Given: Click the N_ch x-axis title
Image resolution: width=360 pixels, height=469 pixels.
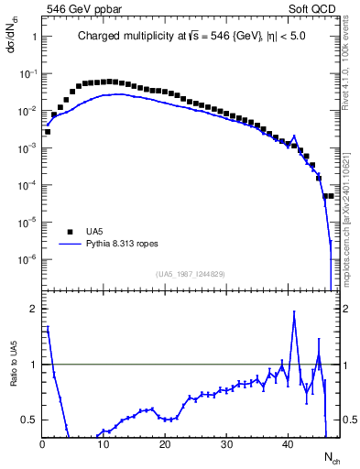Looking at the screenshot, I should (x=331, y=455).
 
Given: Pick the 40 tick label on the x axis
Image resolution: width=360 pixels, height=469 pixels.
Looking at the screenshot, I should (x=288, y=445).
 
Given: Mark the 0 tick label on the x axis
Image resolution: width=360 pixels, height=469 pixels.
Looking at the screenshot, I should (x=42, y=445).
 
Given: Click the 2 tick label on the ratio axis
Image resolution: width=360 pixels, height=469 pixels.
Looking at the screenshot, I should (x=32, y=309).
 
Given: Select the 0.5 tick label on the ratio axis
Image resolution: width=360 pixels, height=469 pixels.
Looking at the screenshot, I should (x=27, y=420).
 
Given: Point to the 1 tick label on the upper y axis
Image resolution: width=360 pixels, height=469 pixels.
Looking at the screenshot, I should (x=32, y=37).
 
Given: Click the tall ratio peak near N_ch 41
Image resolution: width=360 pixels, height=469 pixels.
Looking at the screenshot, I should (x=294, y=312).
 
